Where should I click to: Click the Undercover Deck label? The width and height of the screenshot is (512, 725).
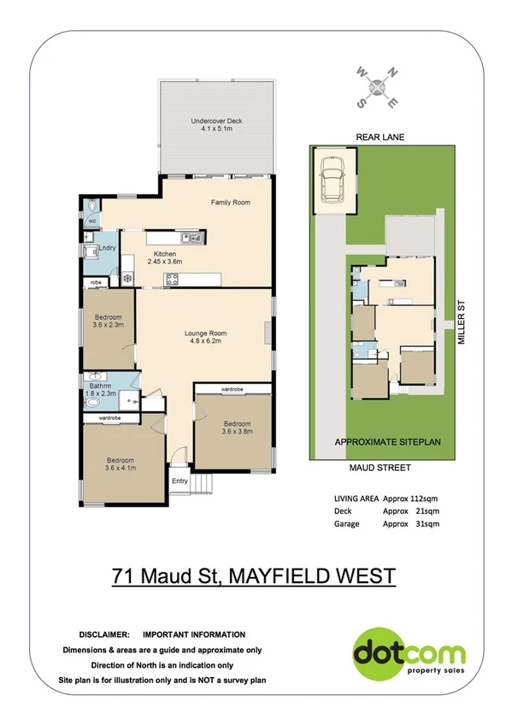[x=216, y=126]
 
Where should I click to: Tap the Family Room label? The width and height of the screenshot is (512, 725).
[x=230, y=203]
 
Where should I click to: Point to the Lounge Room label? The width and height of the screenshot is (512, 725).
[x=206, y=338]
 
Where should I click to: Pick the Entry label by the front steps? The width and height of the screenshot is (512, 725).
[x=179, y=480]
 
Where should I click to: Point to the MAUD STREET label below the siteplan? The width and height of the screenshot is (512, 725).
[x=380, y=468]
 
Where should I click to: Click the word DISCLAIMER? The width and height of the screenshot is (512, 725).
[x=104, y=634]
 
